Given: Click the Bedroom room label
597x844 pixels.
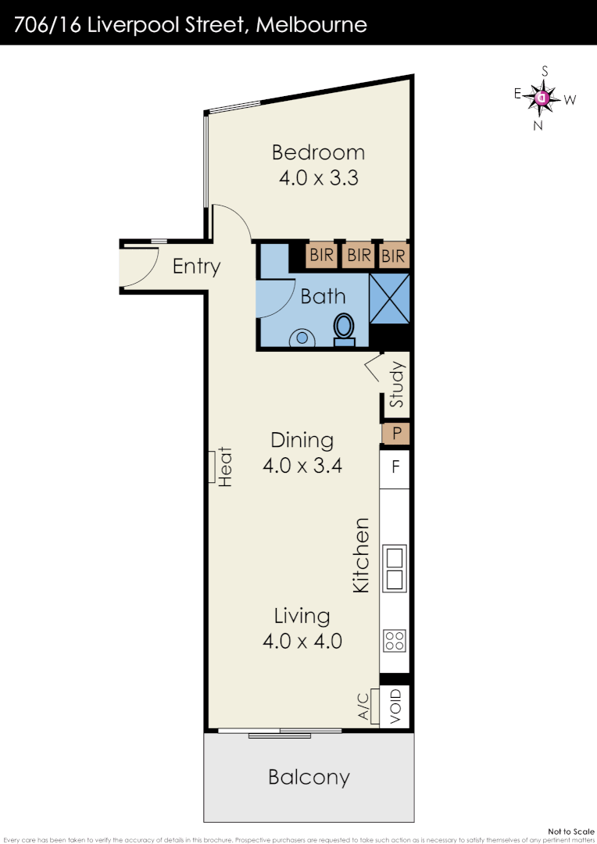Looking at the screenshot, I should pyautogui.click(x=318, y=152).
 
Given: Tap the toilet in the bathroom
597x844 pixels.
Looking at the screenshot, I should pyautogui.click(x=344, y=330).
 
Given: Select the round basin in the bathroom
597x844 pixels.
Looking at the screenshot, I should pyautogui.click(x=301, y=338).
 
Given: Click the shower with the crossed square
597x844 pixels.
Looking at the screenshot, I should pyautogui.click(x=389, y=298).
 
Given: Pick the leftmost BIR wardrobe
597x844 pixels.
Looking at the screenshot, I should pyautogui.click(x=321, y=256).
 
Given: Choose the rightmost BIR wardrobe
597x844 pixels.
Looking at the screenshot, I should pyautogui.click(x=394, y=256).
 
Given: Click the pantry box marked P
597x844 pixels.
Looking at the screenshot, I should pyautogui.click(x=396, y=433).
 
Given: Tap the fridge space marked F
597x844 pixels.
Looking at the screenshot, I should pyautogui.click(x=395, y=468).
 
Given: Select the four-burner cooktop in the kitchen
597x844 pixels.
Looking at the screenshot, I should pyautogui.click(x=395, y=641).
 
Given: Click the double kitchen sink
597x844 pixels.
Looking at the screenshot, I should pyautogui.click(x=395, y=568).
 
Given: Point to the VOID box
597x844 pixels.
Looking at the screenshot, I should pyautogui.click(x=395, y=706).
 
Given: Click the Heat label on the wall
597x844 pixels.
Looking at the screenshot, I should pyautogui.click(x=226, y=467).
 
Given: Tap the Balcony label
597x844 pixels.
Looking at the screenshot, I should pyautogui.click(x=309, y=778).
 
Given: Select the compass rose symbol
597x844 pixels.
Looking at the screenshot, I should pyautogui.click(x=542, y=98).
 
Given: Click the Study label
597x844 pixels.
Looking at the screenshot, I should pyautogui.click(x=397, y=384).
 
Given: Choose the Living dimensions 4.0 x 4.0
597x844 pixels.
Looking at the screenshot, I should pyautogui.click(x=302, y=642).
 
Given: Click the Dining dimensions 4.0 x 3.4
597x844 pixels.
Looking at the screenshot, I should pyautogui.click(x=302, y=467).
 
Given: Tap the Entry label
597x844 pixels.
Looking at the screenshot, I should pyautogui.click(x=196, y=266).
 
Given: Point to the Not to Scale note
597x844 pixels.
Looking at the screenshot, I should pyautogui.click(x=571, y=831).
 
